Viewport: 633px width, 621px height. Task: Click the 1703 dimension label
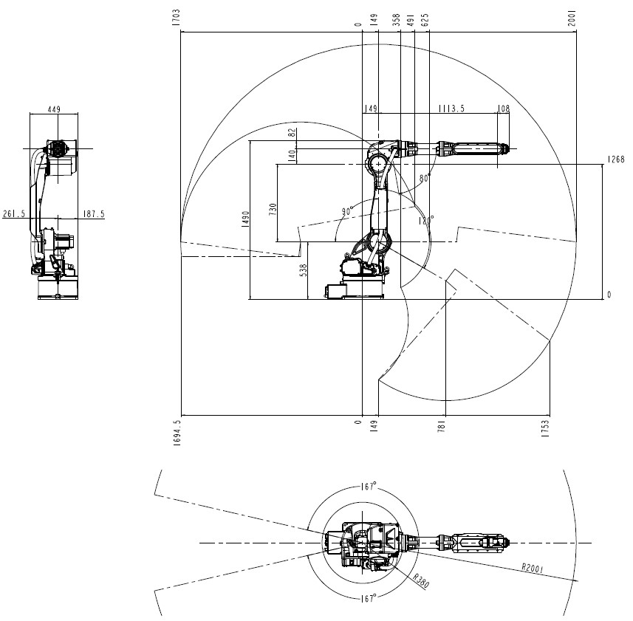(177, 18)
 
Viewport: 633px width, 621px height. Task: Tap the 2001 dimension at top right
(572, 18)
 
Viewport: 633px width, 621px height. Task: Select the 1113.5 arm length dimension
(452, 109)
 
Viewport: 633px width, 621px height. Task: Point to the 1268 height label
(616, 159)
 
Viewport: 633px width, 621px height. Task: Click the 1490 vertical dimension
(245, 219)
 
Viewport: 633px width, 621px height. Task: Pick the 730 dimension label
(273, 210)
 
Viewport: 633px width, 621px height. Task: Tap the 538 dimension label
(304, 270)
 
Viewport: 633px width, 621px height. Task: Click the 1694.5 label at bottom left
(177, 433)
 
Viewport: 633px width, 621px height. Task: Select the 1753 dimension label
(545, 428)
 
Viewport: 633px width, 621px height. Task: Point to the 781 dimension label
(441, 427)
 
